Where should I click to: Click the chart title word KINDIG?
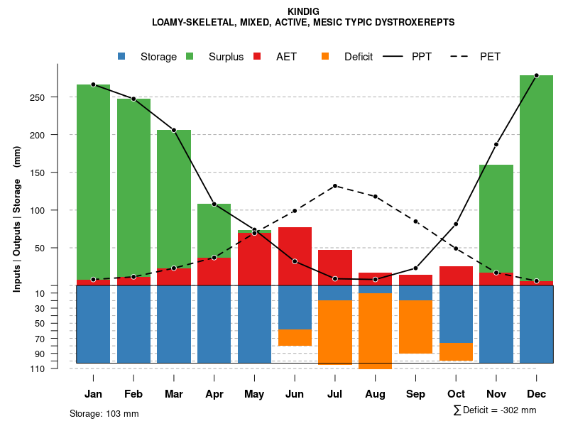pyautogui.click(x=304, y=11)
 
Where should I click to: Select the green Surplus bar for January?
pyautogui.click(x=93, y=181)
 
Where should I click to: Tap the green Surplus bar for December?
pyautogui.click(x=536, y=177)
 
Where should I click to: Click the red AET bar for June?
pyautogui.click(x=295, y=256)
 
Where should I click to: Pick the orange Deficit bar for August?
pyautogui.click(x=375, y=331)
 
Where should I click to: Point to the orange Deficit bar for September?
pyautogui.click(x=415, y=327)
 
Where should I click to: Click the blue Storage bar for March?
pyautogui.click(x=174, y=324)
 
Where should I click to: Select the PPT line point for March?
pyautogui.click(x=174, y=130)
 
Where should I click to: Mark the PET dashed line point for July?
pyautogui.click(x=334, y=186)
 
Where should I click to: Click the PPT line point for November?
pyautogui.click(x=496, y=144)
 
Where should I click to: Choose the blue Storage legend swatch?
pyautogui.click(x=121, y=56)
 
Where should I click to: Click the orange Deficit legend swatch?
pyautogui.click(x=325, y=56)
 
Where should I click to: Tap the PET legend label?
pyautogui.click(x=490, y=57)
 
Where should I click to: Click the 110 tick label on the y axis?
pyautogui.click(x=39, y=368)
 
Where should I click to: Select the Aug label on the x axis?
pyautogui.click(x=375, y=394)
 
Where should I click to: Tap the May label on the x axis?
pyautogui.click(x=254, y=394)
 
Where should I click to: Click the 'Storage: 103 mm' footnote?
pyautogui.click(x=104, y=413)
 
